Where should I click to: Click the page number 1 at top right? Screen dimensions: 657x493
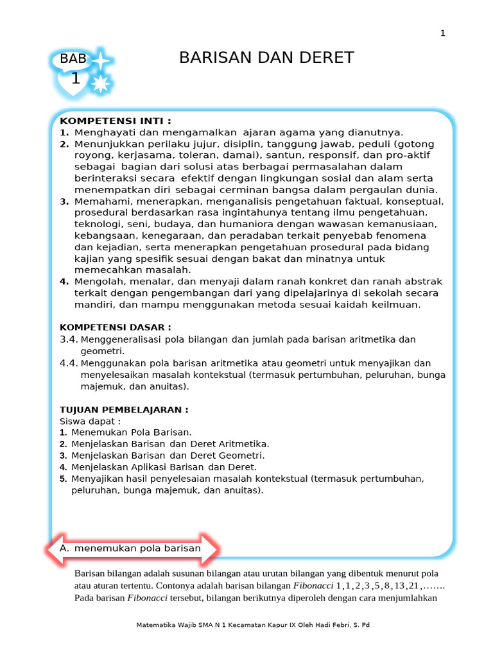(442, 33)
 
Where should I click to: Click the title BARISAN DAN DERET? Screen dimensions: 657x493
(266, 58)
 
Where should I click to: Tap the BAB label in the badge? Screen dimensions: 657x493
(73, 60)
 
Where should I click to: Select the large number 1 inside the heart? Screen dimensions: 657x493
(76, 79)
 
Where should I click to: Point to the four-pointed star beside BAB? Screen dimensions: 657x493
(101, 60)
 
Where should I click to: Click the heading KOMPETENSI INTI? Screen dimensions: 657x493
(116, 121)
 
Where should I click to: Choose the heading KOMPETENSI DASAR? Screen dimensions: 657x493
(116, 327)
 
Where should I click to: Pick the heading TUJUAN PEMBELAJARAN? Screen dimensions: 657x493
(124, 409)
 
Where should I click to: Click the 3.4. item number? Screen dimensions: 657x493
(69, 339)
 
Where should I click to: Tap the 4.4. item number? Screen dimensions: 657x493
(69, 363)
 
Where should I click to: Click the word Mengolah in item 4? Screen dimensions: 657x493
(96, 282)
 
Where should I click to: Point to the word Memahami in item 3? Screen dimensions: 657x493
(98, 201)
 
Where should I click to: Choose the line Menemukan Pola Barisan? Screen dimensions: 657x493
(132, 432)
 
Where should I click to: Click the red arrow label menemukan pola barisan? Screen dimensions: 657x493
(137, 549)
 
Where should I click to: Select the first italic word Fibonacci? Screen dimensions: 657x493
(313, 586)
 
